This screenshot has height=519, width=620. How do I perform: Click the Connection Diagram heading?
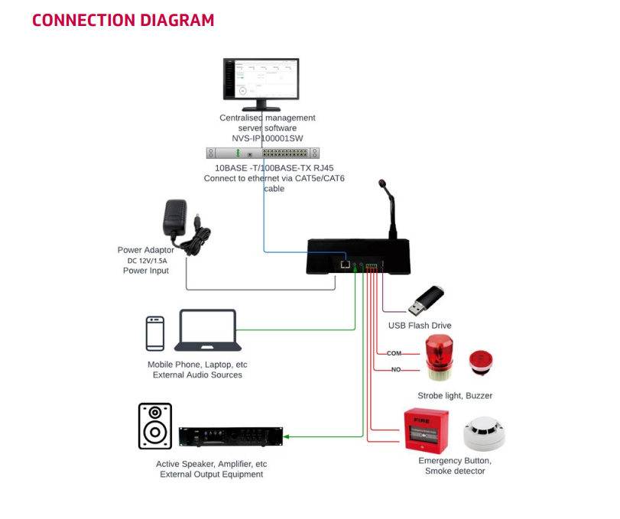point(123,21)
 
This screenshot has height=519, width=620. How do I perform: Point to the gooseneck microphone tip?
point(381,184)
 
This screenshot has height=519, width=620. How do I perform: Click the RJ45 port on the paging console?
point(346,264)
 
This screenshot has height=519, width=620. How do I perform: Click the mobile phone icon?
point(155,334)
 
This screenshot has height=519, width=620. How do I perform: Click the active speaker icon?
point(155,427)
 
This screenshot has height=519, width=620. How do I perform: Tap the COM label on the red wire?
point(394,353)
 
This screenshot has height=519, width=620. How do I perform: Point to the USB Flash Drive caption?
point(420,326)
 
